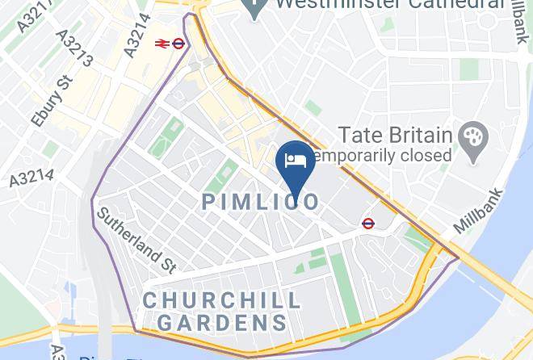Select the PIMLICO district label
tap(260, 202)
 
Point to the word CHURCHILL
tap(222, 301)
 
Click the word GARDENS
tap(222, 323)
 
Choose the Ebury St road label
tap(52, 101)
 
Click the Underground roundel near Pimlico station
tap(368, 223)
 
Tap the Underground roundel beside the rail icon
tap(179, 44)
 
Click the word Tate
tap(359, 133)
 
